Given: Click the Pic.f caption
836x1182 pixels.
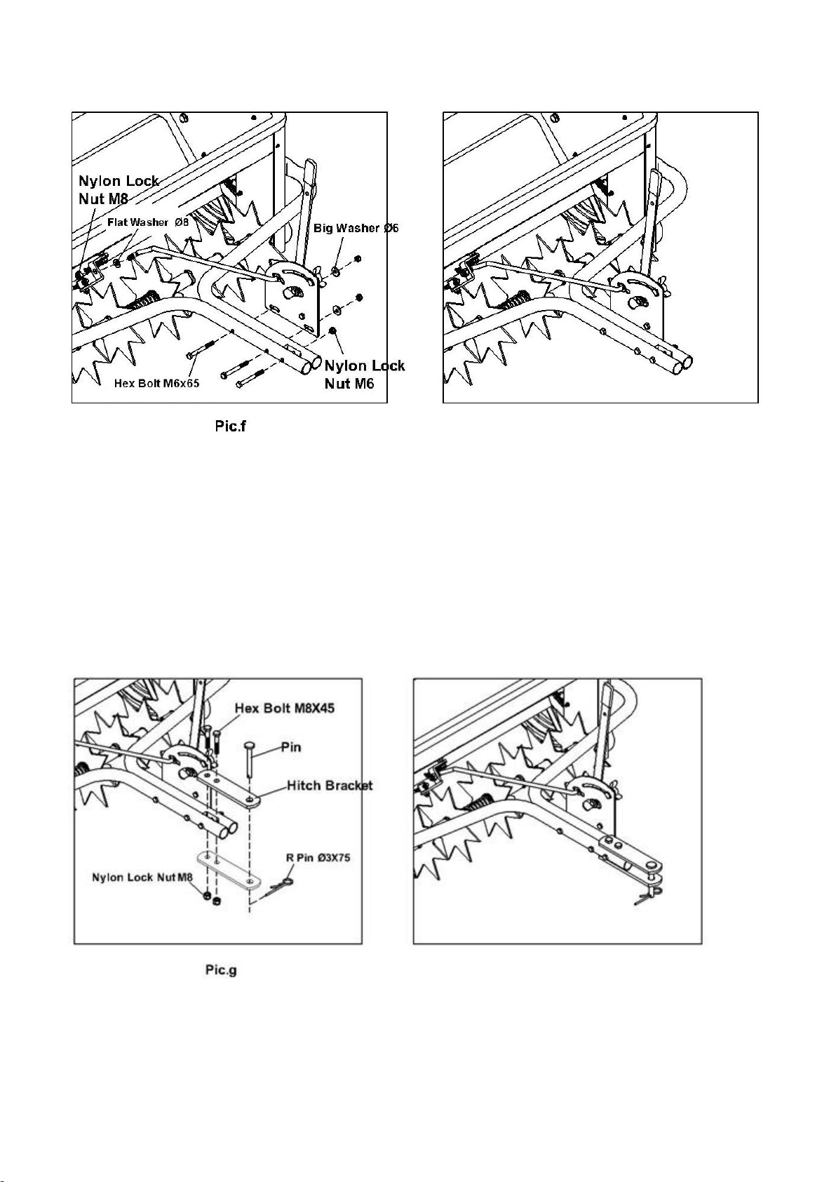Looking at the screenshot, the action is [x=230, y=426].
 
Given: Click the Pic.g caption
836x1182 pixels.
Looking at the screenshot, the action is [x=220, y=970].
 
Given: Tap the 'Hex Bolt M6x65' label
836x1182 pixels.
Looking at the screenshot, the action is [x=156, y=384].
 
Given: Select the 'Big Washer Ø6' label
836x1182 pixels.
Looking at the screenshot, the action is [x=356, y=228].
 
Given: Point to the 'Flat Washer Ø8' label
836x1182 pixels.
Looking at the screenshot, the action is [x=148, y=222].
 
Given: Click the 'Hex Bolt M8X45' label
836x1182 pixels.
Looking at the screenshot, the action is [x=284, y=708].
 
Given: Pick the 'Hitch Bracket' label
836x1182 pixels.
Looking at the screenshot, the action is [x=330, y=785].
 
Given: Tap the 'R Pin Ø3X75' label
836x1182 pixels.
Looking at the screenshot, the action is [x=318, y=857].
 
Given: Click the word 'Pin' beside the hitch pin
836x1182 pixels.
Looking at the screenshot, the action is [x=290, y=747].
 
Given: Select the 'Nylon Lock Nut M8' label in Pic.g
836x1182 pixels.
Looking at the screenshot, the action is [x=142, y=877].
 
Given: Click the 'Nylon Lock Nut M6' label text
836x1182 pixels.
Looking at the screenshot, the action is [x=365, y=374].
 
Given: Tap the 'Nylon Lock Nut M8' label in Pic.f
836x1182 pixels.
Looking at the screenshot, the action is [x=118, y=189].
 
